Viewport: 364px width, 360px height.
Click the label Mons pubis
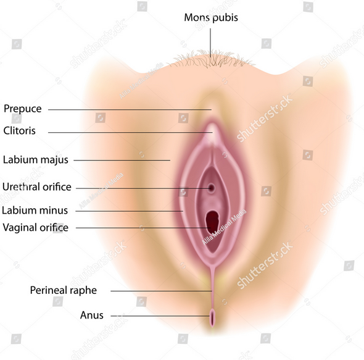tap(211, 18)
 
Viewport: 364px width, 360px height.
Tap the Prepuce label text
tap(22, 109)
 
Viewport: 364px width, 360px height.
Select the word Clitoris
tap(20, 131)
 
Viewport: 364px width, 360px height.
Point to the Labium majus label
tap(36, 160)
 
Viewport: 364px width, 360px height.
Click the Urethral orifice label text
tap(36, 187)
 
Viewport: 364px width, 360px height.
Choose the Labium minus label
tap(35, 211)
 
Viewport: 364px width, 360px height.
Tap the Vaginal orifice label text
tap(36, 227)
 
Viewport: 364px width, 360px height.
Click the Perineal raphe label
tap(64, 290)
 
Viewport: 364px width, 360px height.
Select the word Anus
tap(92, 316)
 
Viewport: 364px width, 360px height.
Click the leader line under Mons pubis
tap(210, 43)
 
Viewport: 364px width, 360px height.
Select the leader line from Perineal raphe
tap(162, 291)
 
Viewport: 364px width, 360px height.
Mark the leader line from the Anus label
tap(160, 316)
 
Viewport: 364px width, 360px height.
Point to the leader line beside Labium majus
tap(122, 160)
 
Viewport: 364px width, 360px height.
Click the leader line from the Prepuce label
tap(130, 109)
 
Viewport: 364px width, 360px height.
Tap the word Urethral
tap(20, 187)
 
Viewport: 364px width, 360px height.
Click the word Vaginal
tap(20, 227)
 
